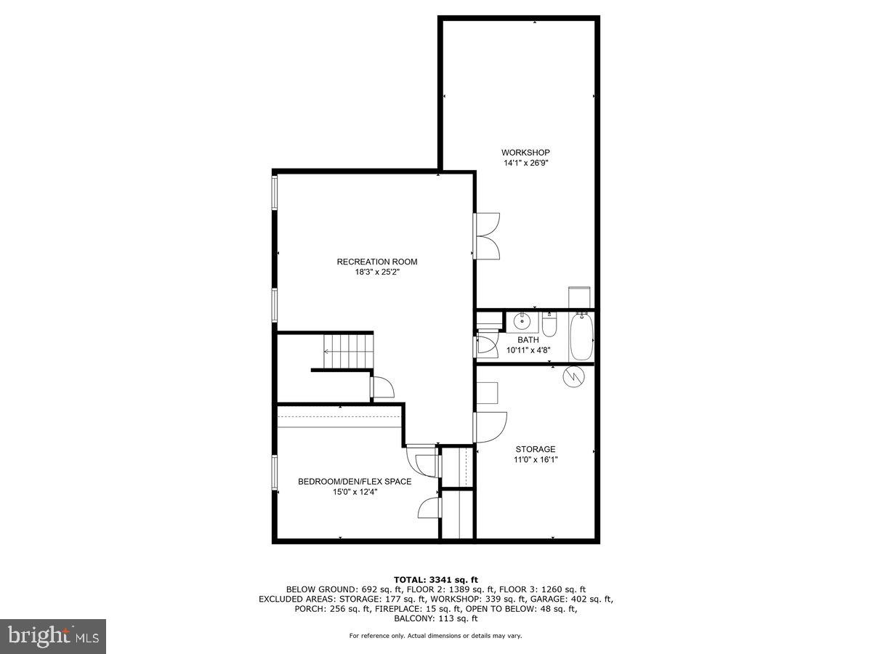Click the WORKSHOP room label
click(x=525, y=153)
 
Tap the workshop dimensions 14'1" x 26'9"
click(x=525, y=163)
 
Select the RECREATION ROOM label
click(x=377, y=262)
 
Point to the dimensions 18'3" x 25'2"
click(x=377, y=272)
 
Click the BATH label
click(x=528, y=339)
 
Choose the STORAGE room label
click(x=536, y=449)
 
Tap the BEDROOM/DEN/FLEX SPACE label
click(x=355, y=481)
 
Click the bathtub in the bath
click(x=581, y=336)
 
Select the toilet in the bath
click(x=550, y=327)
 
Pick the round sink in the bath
click(x=522, y=320)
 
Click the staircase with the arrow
click(x=347, y=351)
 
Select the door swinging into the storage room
click(x=490, y=427)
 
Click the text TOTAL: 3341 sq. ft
click(x=435, y=579)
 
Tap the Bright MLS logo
click(x=53, y=636)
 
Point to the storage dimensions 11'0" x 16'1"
click(x=536, y=459)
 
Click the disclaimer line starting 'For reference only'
click(x=435, y=636)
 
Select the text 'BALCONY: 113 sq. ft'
click(x=435, y=619)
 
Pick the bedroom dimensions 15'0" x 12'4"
click(x=355, y=492)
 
